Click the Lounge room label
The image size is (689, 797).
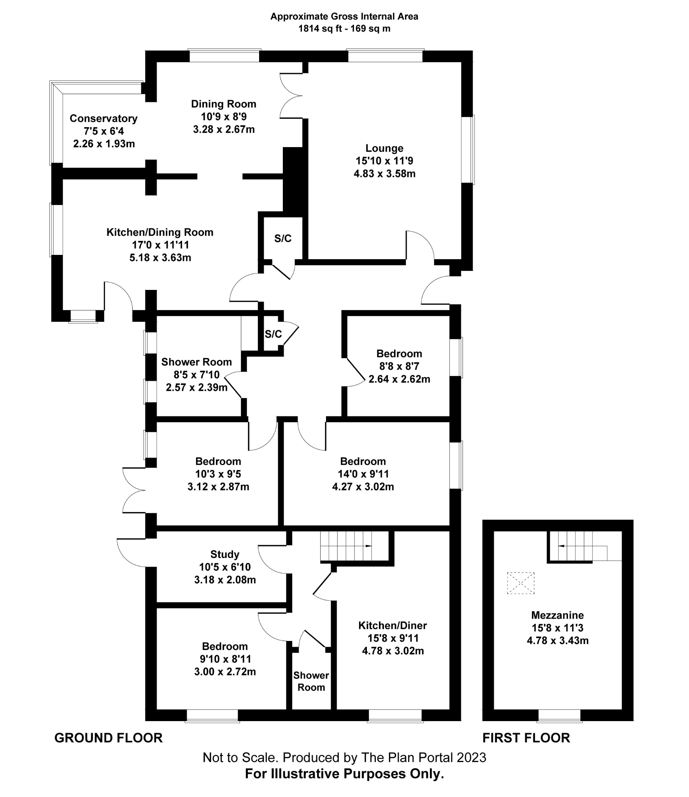click(384, 148)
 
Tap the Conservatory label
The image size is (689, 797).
click(103, 118)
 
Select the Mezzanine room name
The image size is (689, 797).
click(557, 615)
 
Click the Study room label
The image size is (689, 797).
click(224, 554)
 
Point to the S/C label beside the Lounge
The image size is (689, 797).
click(282, 239)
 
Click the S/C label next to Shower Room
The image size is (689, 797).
click(273, 334)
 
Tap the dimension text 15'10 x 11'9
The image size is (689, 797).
click(384, 161)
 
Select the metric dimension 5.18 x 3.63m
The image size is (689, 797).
click(160, 258)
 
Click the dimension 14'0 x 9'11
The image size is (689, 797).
click(363, 474)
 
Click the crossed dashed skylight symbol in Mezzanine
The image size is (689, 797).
click(521, 583)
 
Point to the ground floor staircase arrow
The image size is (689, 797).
click(367, 546)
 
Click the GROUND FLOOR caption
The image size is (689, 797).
click(108, 738)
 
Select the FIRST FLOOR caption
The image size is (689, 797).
click(526, 738)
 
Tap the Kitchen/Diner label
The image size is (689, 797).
click(392, 625)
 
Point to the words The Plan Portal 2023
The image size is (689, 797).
click(423, 757)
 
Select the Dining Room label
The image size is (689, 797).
click(223, 104)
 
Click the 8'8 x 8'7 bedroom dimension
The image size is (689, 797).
click(399, 366)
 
